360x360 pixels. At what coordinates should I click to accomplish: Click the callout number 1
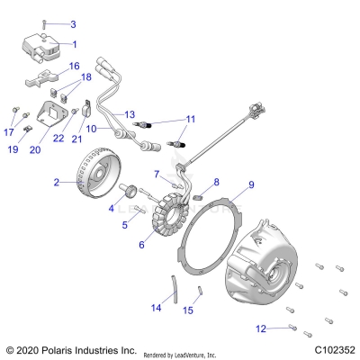(75, 43)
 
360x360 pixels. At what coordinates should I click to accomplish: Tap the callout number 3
(73, 24)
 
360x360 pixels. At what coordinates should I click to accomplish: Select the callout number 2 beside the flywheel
(56, 183)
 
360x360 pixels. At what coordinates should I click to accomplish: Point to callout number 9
(227, 184)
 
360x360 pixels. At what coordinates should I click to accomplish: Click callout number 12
(261, 327)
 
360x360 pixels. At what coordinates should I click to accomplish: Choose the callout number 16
(74, 66)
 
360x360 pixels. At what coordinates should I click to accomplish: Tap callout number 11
(190, 119)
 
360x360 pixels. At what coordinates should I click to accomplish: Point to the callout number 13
(129, 115)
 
